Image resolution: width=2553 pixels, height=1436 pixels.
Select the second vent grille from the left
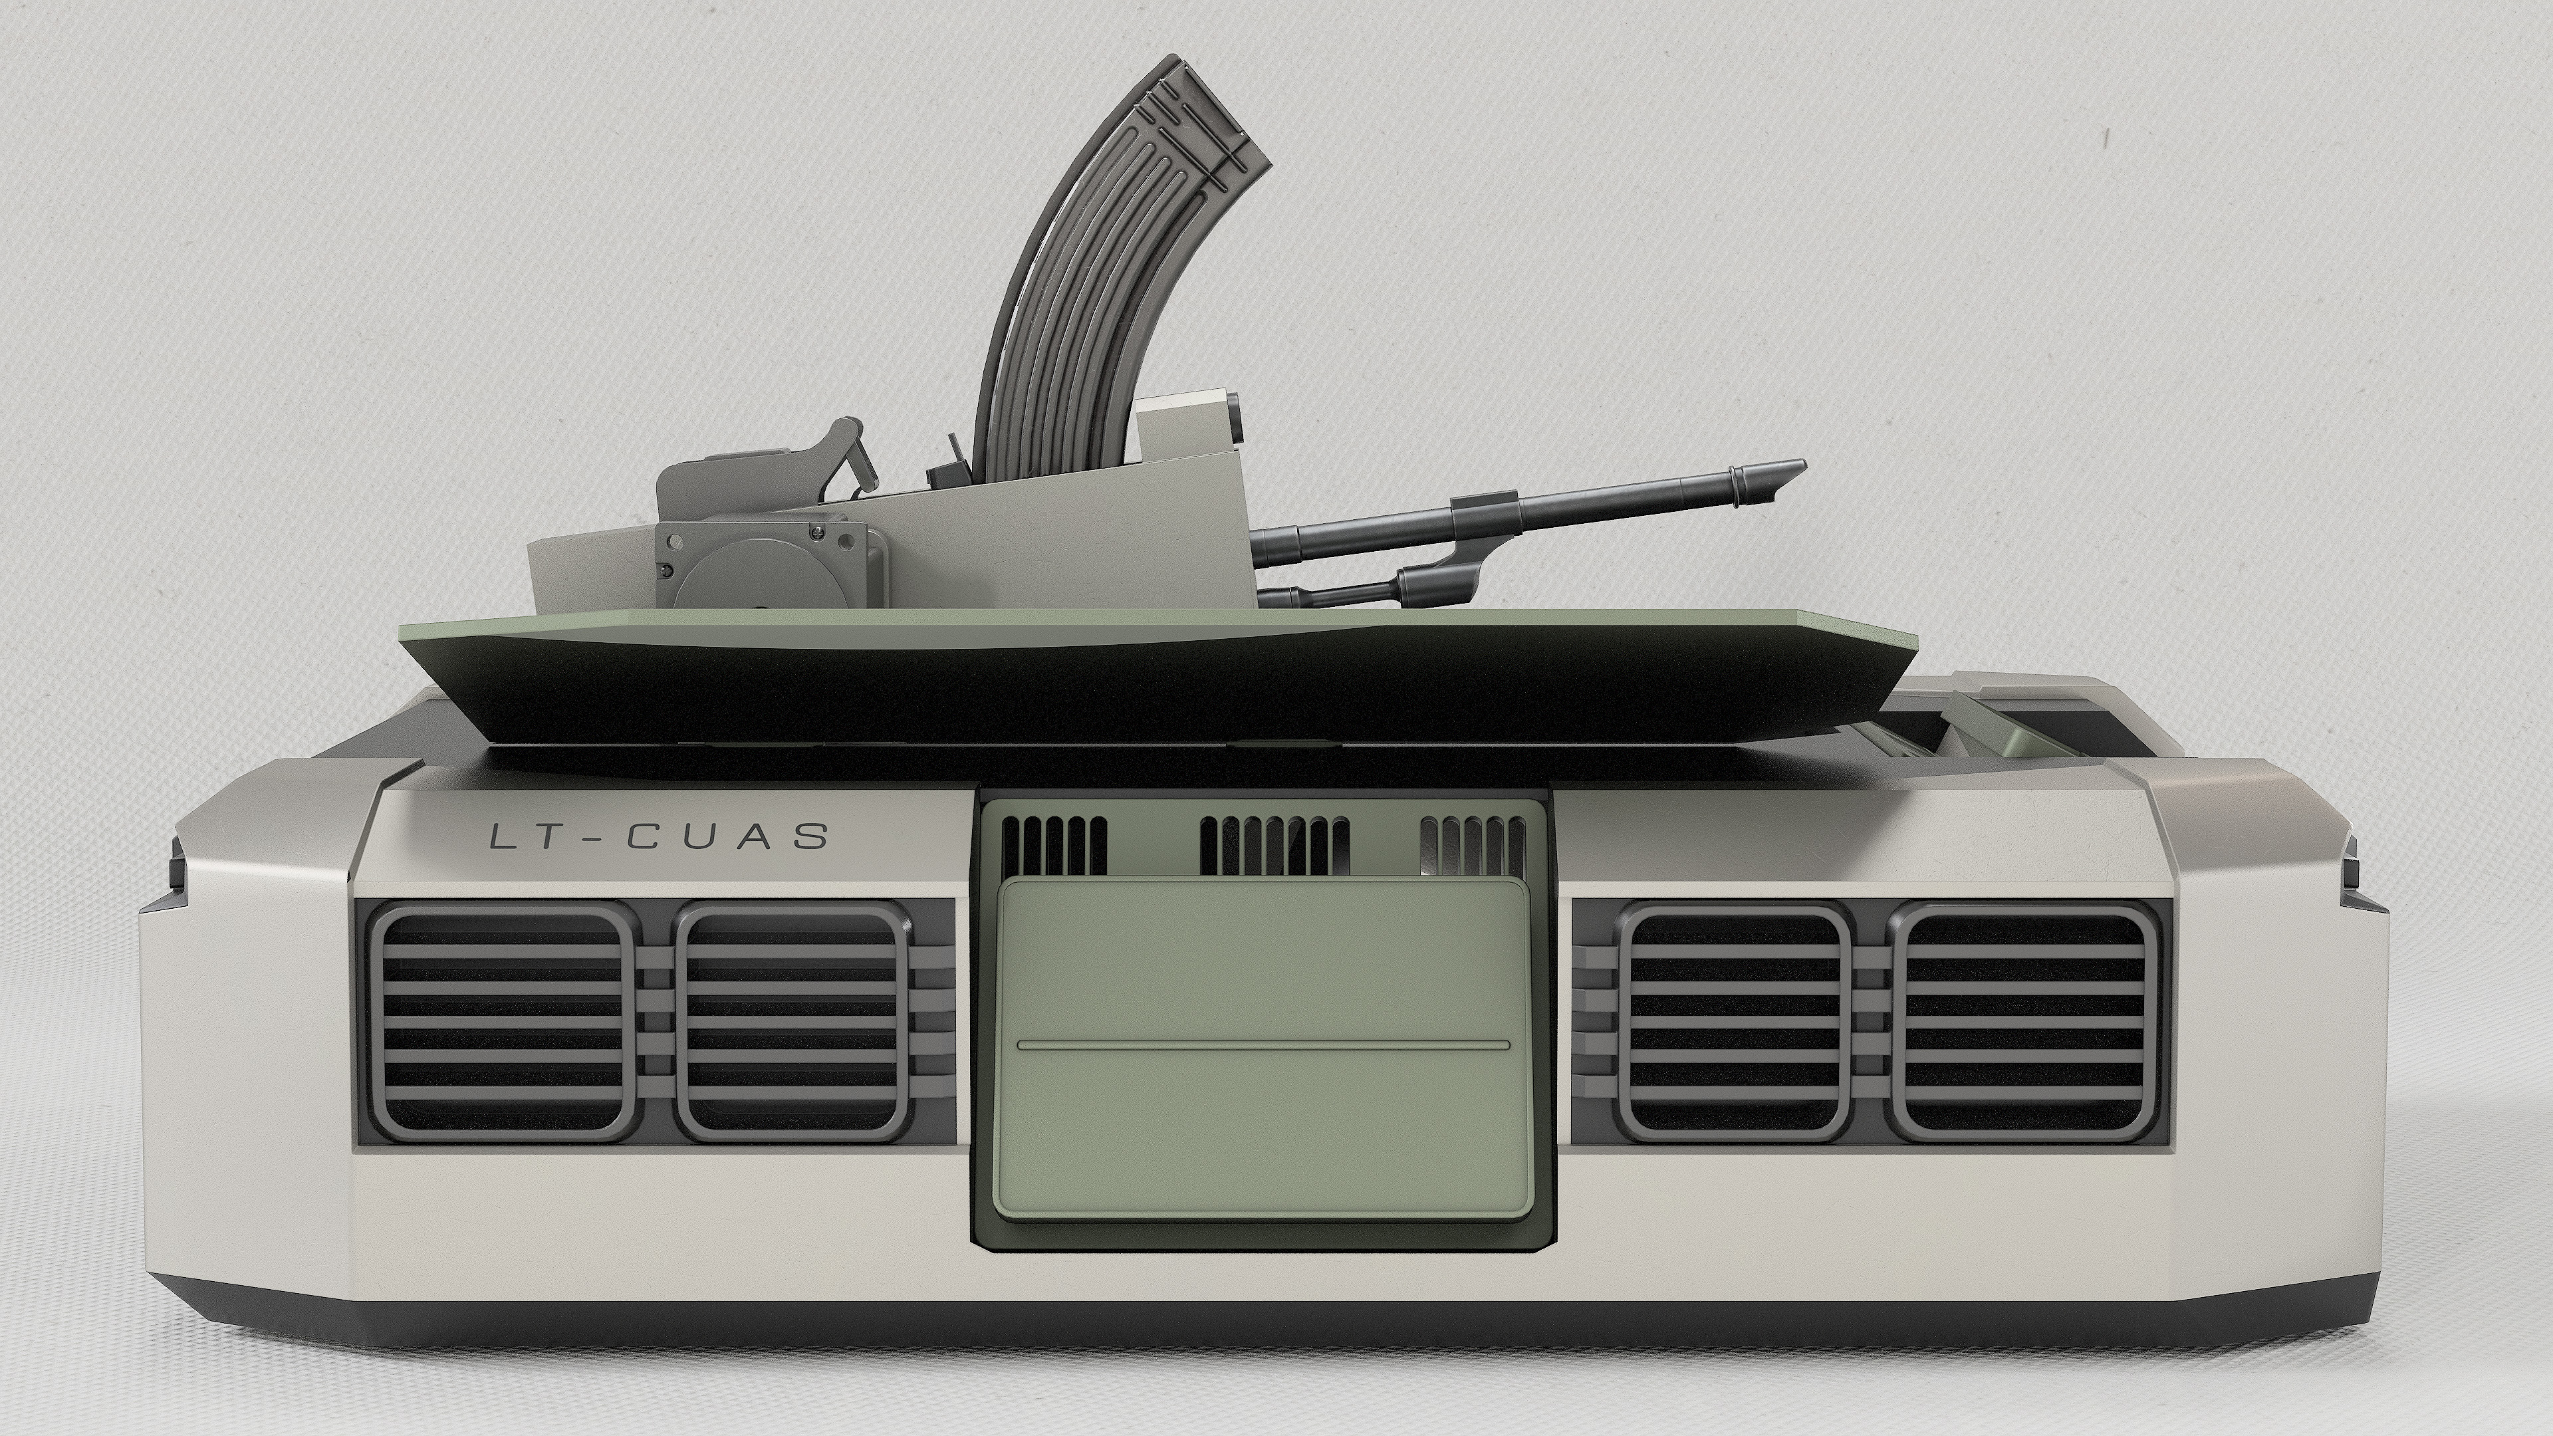pyautogui.click(x=791, y=1024)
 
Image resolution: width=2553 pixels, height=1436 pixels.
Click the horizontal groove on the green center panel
pyautogui.click(x=1265, y=1044)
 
